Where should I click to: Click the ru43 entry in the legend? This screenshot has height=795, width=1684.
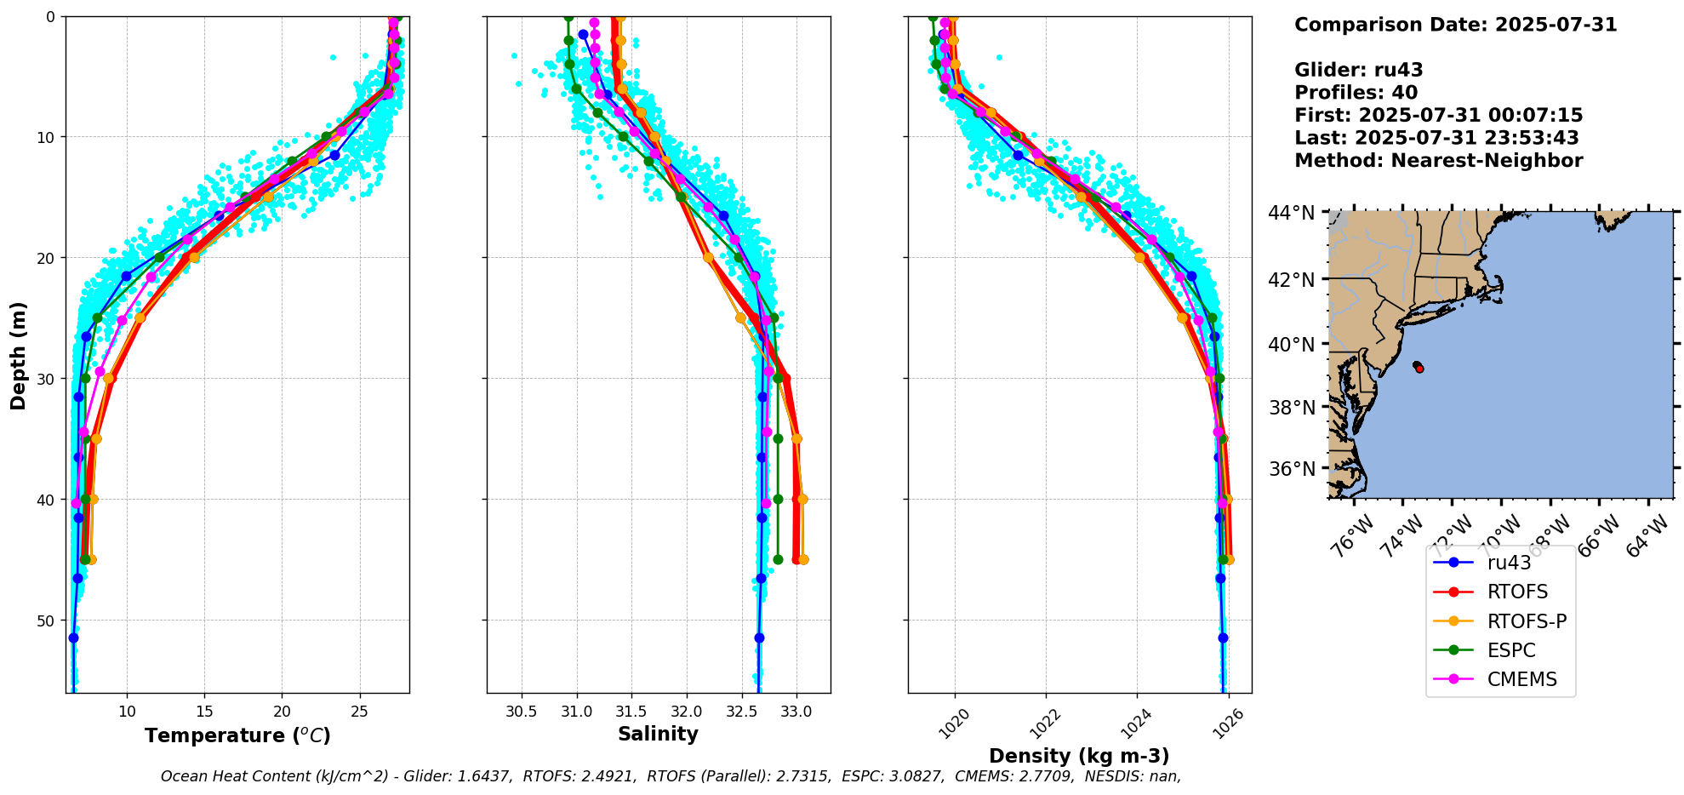click(x=1508, y=563)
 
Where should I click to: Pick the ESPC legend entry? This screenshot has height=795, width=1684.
click(x=1510, y=650)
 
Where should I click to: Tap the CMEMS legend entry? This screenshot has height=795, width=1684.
click(x=1521, y=679)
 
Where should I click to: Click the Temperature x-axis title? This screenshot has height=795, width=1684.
click(x=237, y=735)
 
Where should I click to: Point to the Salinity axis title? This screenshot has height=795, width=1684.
click(x=658, y=734)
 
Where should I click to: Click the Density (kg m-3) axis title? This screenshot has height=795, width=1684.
click(x=1079, y=756)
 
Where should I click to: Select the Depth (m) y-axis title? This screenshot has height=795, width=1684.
click(x=18, y=355)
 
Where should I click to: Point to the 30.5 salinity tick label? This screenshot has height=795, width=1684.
click(x=521, y=712)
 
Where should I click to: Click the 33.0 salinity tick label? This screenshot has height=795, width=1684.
click(x=796, y=712)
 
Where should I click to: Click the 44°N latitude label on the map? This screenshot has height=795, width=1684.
click(x=1291, y=213)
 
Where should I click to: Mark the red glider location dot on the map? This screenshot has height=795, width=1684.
click(x=1419, y=368)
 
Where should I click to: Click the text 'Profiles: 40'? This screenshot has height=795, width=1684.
click(x=1356, y=93)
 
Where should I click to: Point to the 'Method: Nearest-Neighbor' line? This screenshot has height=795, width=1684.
click(x=1438, y=161)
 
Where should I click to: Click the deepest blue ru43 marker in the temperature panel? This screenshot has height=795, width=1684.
click(x=73, y=638)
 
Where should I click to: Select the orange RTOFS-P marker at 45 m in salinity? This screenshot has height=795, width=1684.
click(x=803, y=559)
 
